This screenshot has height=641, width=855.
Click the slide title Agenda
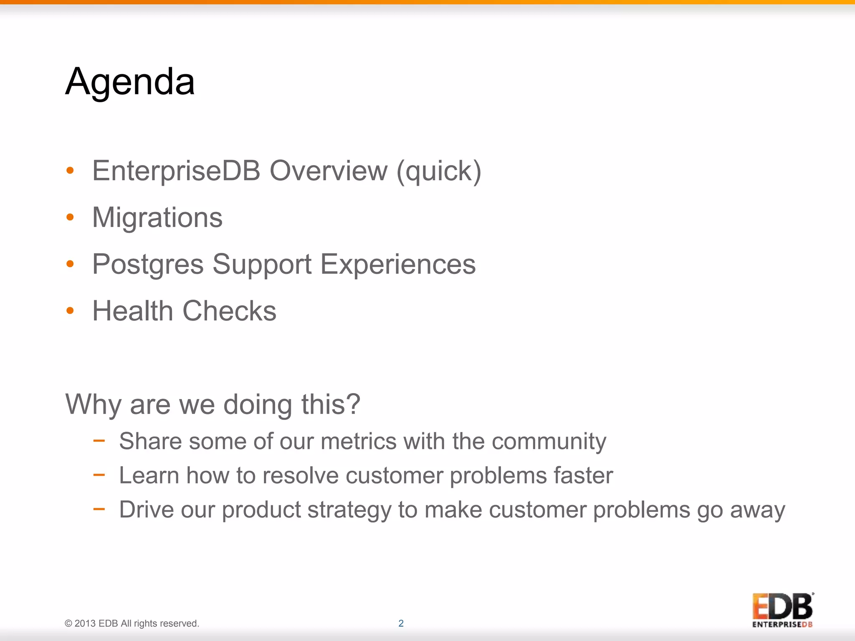(x=130, y=82)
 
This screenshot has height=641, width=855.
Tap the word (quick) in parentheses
(x=439, y=172)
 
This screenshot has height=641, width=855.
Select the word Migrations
(x=157, y=217)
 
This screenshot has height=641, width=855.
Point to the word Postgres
(x=148, y=265)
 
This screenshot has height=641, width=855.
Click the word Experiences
(x=398, y=264)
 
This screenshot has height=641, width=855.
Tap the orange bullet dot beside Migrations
(x=70, y=217)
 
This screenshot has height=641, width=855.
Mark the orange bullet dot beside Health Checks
(x=70, y=310)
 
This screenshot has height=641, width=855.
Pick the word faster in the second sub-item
(x=583, y=475)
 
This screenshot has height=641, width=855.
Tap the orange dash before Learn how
(x=99, y=474)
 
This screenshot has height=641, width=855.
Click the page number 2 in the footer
(x=401, y=623)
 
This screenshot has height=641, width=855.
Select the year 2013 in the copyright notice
(x=85, y=623)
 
